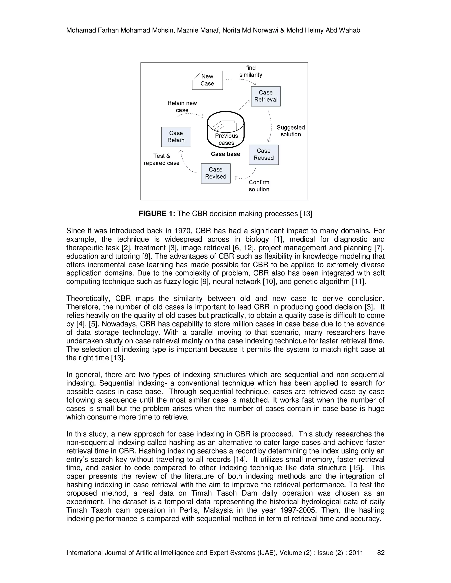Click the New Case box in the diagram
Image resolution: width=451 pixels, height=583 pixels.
coord(207,80)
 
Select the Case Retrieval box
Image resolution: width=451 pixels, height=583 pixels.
coord(266,96)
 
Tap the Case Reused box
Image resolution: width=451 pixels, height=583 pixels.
coord(264,155)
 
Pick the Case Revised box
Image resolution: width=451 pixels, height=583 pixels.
coord(216,173)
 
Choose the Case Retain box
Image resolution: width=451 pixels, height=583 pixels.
coord(176,137)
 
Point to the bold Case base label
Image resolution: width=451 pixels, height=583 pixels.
coord(225,154)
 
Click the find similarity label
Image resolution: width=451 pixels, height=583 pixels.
coord(251,71)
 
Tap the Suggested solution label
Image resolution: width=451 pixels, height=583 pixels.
coord(291,131)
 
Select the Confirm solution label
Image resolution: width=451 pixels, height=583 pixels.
coord(259,186)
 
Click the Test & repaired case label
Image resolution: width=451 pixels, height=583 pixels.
coord(162,159)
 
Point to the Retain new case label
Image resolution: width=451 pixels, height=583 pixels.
coord(182,106)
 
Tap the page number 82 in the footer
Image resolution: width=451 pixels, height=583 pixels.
coord(381,553)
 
